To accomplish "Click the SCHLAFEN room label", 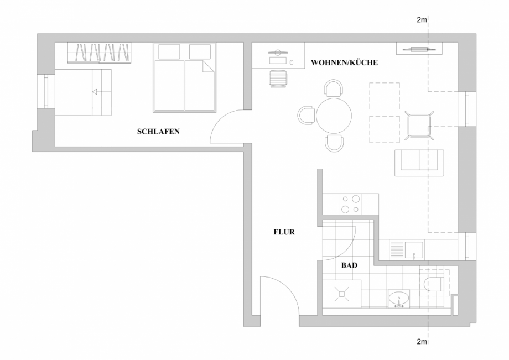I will pos(158,132).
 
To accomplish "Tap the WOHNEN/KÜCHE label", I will pos(344,63).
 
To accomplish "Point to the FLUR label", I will pos(284,233).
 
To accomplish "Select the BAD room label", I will pos(349,266).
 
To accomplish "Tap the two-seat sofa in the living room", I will pos(419,163).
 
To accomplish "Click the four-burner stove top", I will pos(350,204).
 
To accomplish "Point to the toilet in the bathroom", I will pos(432,283).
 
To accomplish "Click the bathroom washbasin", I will pos(398,299).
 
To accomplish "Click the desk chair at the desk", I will pos(278,79).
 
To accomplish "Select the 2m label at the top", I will pos(422,20).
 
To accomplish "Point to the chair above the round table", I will pos(334,88).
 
